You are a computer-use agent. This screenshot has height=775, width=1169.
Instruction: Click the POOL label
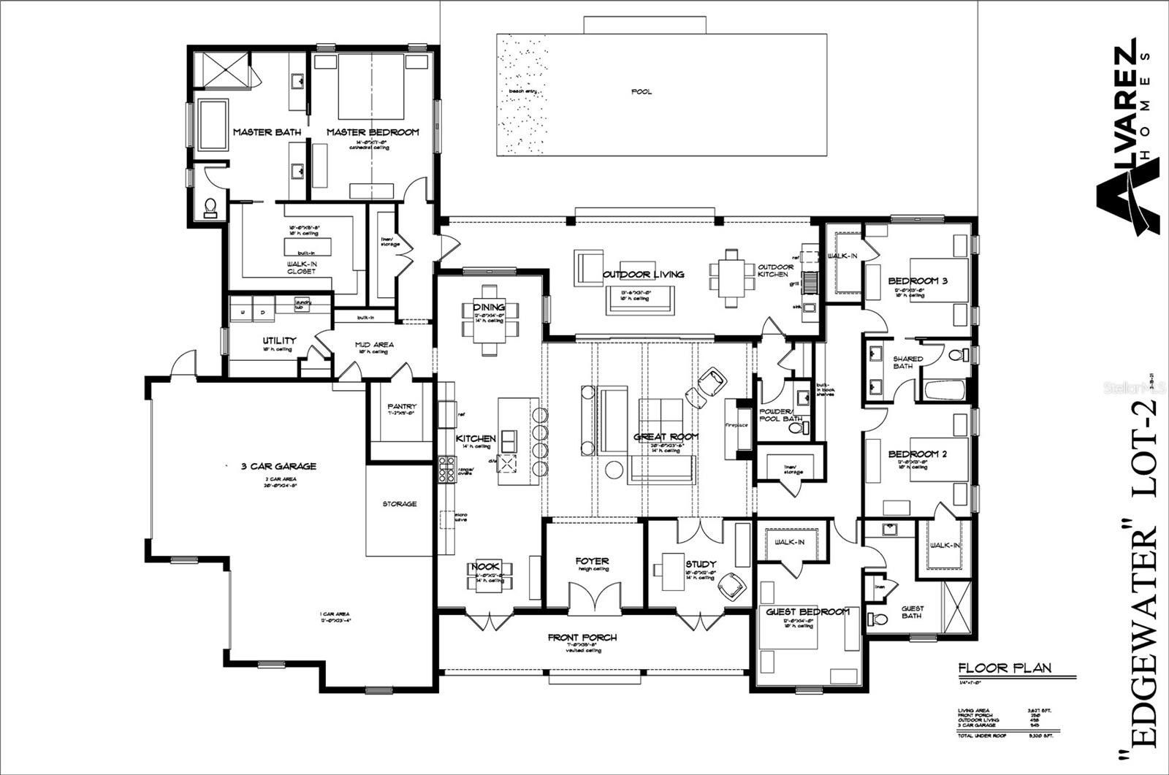point(641,92)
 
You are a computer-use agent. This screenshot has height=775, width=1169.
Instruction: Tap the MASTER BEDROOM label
point(373,132)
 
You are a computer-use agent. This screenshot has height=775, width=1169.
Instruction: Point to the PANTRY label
point(402,407)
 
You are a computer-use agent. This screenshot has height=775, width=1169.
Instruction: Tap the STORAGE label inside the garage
point(399,504)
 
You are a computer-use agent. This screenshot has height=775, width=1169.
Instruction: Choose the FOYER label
point(593,562)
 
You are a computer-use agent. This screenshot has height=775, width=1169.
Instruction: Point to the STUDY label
point(701,564)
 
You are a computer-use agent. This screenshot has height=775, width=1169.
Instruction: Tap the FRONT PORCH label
point(582,638)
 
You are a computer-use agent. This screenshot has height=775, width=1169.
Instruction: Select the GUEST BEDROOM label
point(807,612)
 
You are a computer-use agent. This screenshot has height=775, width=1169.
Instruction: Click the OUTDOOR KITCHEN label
point(775,271)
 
